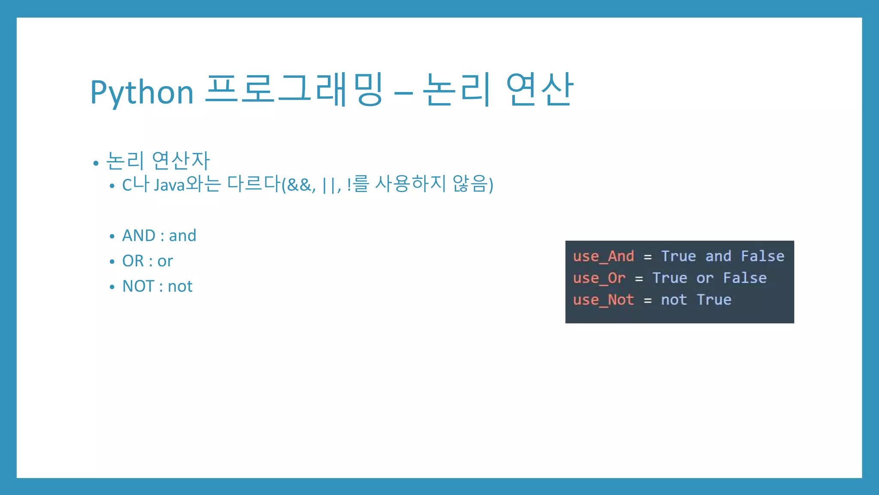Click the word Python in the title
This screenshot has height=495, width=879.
click(142, 92)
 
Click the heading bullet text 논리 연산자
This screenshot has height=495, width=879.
click(158, 161)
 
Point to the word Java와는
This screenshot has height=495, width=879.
click(187, 184)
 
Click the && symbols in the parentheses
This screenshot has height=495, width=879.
click(300, 185)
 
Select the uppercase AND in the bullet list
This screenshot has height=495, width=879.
click(139, 235)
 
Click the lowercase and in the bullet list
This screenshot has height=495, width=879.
click(182, 235)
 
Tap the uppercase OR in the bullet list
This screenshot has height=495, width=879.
click(133, 261)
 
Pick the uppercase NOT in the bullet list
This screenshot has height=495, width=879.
click(138, 286)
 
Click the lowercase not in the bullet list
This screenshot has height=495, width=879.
click(180, 286)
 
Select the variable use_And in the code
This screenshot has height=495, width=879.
click(603, 256)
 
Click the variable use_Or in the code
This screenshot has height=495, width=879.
click(599, 278)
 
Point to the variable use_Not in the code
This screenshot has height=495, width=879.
click(603, 299)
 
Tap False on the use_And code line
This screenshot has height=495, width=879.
click(763, 256)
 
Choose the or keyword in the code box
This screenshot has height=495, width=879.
click(705, 278)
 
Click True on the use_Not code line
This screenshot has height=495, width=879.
click(714, 299)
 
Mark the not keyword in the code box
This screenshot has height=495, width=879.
click(674, 299)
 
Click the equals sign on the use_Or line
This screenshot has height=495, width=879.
click(639, 279)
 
